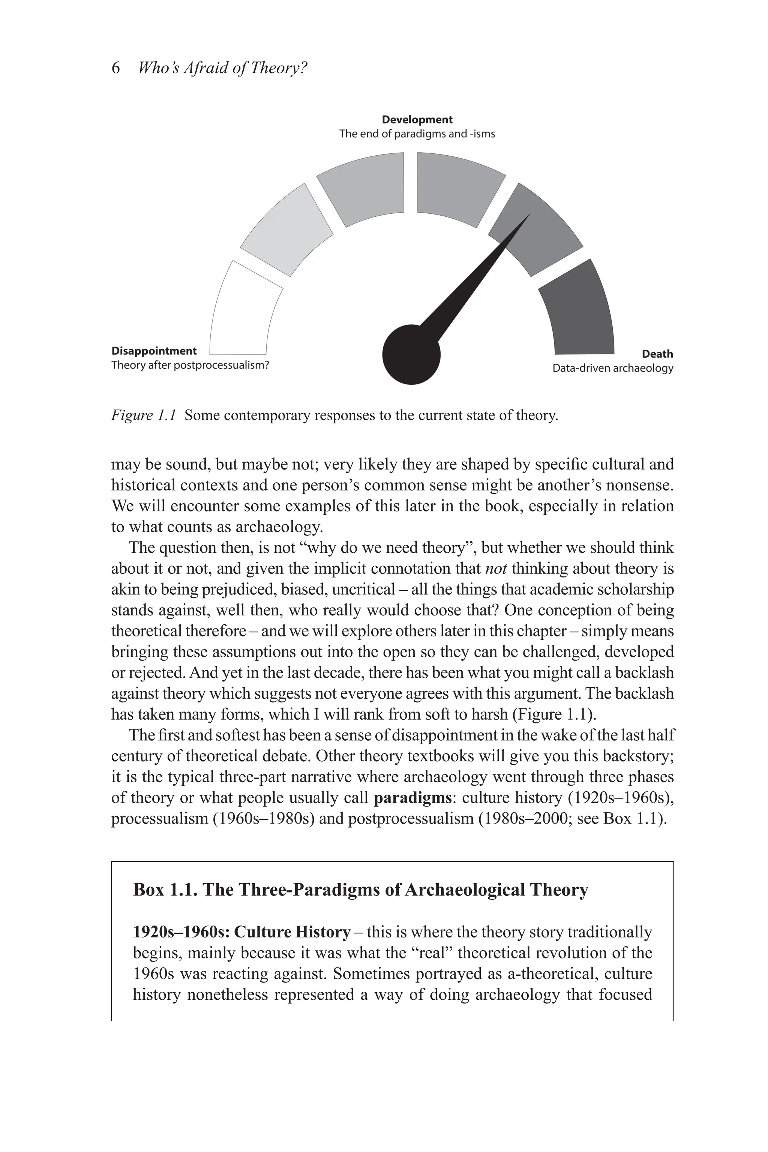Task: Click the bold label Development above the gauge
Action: click(417, 120)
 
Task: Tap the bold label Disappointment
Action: click(154, 351)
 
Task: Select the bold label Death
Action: click(657, 354)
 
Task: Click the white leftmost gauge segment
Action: click(240, 313)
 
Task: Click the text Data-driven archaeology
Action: click(612, 368)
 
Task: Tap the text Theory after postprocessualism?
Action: click(190, 365)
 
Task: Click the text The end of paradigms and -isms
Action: click(417, 134)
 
